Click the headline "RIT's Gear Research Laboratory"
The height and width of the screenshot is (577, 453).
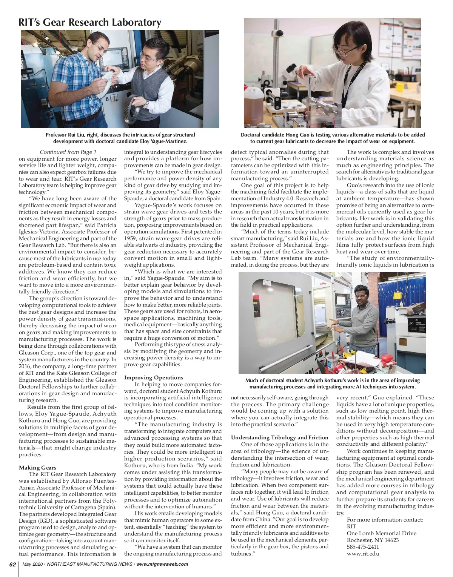(x=90, y=23)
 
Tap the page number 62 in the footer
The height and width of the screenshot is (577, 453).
(x=12, y=564)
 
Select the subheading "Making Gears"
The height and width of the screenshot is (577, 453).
(x=38, y=468)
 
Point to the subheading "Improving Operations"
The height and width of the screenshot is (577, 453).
(x=154, y=378)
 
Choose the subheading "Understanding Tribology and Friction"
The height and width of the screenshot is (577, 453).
(x=280, y=437)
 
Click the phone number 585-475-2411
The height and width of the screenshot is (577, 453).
(x=363, y=547)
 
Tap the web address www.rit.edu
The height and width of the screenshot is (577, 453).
(x=363, y=554)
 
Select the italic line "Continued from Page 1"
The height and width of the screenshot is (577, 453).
(x=68, y=152)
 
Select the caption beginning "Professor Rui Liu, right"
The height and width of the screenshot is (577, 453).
(x=120, y=138)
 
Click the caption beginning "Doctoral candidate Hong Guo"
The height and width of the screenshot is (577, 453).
(x=332, y=138)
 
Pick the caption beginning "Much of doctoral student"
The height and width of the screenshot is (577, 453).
(x=332, y=384)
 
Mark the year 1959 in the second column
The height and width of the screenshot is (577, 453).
(x=130, y=238)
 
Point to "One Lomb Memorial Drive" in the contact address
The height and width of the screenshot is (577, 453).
(x=381, y=533)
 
